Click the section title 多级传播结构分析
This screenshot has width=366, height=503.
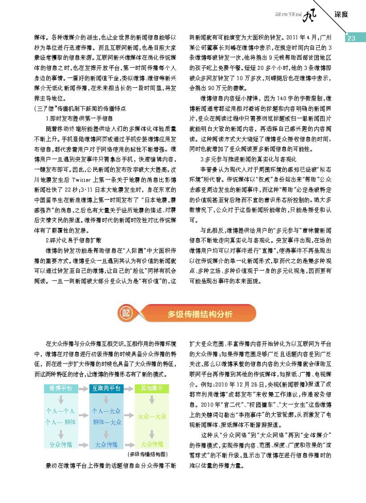[200, 315]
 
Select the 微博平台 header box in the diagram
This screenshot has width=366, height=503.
[60, 388]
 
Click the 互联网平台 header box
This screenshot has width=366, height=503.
[106, 388]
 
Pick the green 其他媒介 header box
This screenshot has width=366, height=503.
[151, 388]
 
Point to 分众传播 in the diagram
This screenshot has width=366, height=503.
[60, 444]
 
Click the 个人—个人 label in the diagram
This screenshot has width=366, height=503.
[60, 411]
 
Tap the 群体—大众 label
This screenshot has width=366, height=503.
[106, 422]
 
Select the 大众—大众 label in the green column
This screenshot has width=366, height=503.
[151, 417]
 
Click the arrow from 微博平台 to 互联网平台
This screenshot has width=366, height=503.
[83, 388]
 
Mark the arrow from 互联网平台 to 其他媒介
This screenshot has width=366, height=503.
[129, 388]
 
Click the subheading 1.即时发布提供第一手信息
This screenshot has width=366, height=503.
[76, 118]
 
